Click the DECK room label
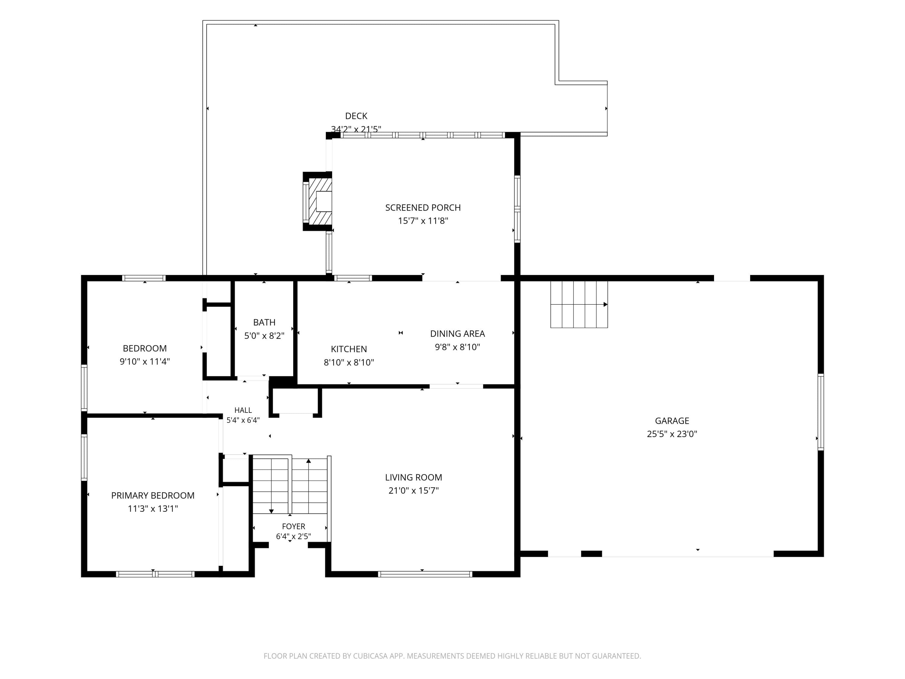pyautogui.click(x=356, y=116)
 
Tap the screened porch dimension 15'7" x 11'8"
pyautogui.click(x=423, y=221)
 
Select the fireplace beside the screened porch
pyautogui.click(x=317, y=201)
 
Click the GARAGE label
pyautogui.click(x=672, y=421)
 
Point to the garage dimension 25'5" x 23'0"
pyautogui.click(x=672, y=434)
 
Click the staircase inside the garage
pyautogui.click(x=579, y=304)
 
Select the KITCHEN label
pyautogui.click(x=349, y=349)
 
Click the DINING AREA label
pyautogui.click(x=457, y=333)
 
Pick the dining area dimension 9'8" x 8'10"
pyautogui.click(x=457, y=347)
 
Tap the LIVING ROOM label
pyautogui.click(x=414, y=477)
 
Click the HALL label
pyautogui.click(x=243, y=410)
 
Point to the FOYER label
pyautogui.click(x=293, y=526)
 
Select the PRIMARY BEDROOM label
pyautogui.click(x=153, y=496)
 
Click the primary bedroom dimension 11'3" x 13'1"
pyautogui.click(x=153, y=509)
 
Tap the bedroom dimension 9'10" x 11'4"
pyautogui.click(x=144, y=362)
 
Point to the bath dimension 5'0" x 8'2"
pyautogui.click(x=264, y=336)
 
